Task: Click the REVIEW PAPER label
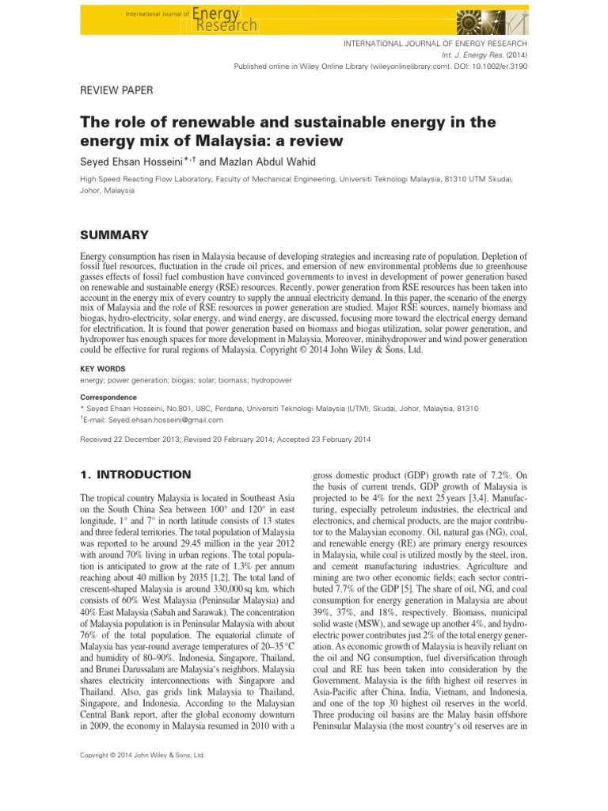[117, 91]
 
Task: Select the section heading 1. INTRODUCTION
[135, 474]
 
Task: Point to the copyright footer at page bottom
[143, 756]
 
